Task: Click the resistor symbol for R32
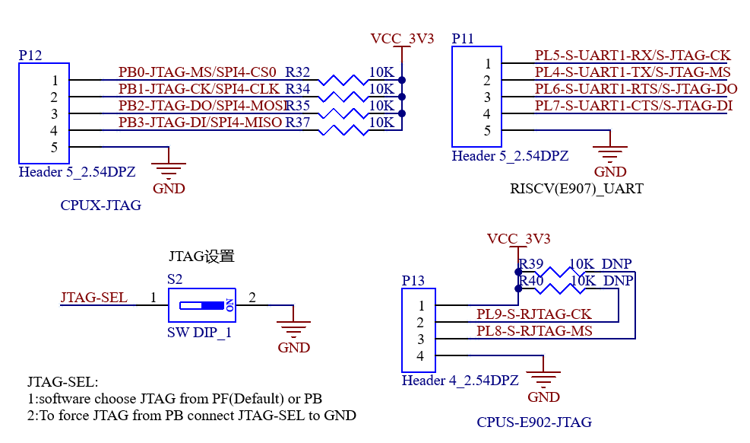tap(343, 80)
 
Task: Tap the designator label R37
tap(298, 123)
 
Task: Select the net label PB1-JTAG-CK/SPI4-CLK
tap(199, 89)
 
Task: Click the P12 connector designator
tap(30, 56)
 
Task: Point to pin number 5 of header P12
tap(54, 147)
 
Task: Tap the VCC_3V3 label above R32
tap(402, 38)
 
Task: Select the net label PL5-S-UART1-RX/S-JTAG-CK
tap(632, 56)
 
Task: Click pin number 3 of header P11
tap(487, 97)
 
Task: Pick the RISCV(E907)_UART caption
tap(577, 189)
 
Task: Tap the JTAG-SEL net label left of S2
tap(93, 298)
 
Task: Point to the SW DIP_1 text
tap(199, 333)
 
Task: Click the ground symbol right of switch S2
tap(293, 330)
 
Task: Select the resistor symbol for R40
tap(559, 288)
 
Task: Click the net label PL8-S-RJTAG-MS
tap(534, 331)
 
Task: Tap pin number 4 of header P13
tap(420, 355)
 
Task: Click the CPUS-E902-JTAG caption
tap(534, 422)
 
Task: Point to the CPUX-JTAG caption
tap(101, 206)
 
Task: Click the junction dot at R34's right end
tap(402, 97)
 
